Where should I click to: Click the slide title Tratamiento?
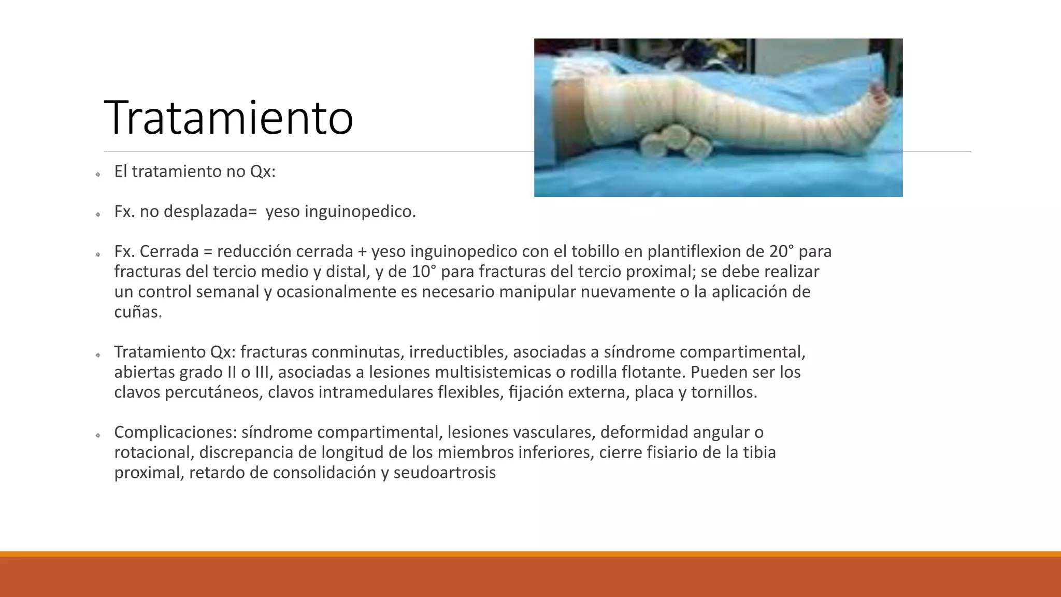pos(228,118)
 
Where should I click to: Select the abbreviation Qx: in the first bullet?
pos(263,172)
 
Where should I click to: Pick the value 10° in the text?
pos(424,272)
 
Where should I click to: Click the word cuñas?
pos(138,312)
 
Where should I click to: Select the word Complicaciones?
pos(175,433)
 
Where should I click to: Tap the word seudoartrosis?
pos(445,473)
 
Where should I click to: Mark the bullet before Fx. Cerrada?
pos(97,254)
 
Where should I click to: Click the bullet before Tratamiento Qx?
pos(97,355)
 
